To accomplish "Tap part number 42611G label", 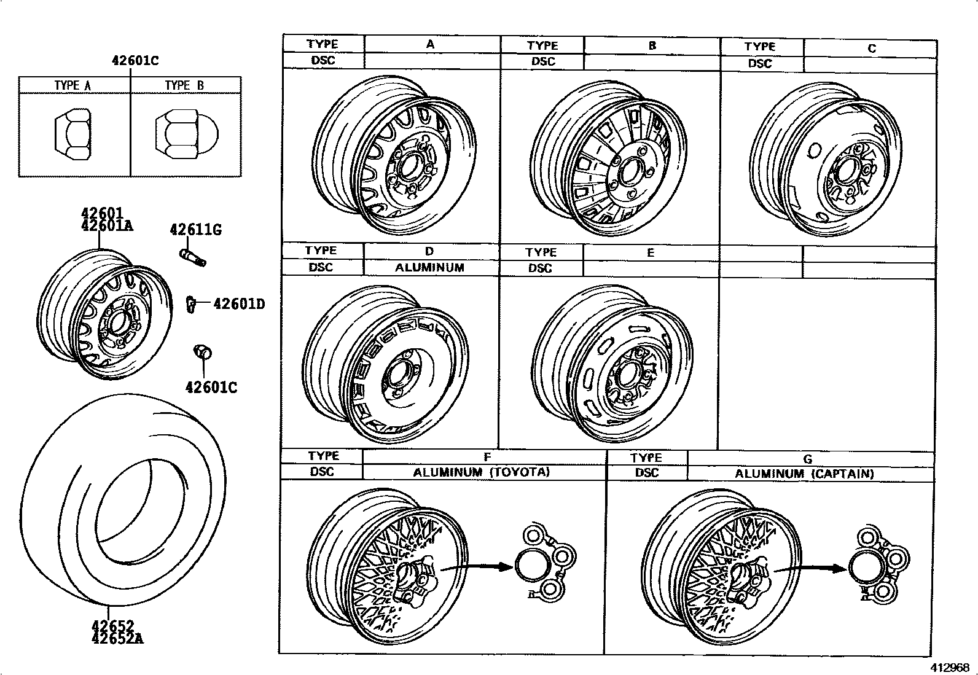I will point(195,230).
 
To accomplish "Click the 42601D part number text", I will point(239,304).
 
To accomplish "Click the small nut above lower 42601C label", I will point(202,353).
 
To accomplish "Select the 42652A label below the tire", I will point(117,639).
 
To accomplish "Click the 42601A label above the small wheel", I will point(107,225).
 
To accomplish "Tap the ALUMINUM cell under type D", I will point(429,268).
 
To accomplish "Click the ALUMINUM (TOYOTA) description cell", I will point(481,472).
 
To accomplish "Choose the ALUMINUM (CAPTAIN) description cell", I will point(804,474).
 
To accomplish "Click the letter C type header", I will point(871,49).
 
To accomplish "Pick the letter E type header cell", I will point(651,252).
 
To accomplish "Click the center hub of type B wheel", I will point(629,173).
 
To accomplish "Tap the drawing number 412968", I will point(949,667).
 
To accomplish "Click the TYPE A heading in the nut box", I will point(72,85).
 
